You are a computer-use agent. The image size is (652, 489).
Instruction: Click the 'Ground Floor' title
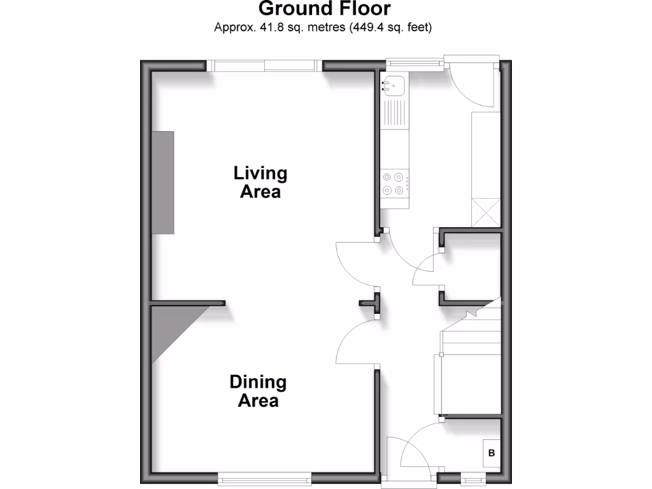coord(325,9)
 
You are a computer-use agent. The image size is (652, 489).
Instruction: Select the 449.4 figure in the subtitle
coord(364,28)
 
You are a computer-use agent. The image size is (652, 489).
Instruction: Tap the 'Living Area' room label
coord(260,182)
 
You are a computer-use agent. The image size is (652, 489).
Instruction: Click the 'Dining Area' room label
coord(258,391)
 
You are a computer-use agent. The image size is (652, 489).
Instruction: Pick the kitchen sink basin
coord(393,84)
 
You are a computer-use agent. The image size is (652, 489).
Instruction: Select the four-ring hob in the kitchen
coord(393,183)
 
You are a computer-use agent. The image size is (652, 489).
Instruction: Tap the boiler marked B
coord(491,453)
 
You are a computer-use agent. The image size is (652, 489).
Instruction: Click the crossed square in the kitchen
coord(485,212)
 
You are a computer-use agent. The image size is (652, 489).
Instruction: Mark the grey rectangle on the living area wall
coord(162,182)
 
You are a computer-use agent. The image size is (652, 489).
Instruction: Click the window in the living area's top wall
coord(264,64)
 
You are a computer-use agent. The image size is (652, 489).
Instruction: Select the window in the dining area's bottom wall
coord(264,478)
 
